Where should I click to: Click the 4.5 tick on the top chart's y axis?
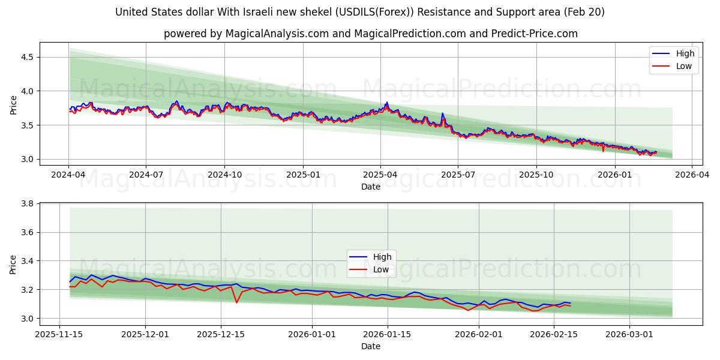pos(28,57)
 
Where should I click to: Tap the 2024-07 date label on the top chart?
pos(146,174)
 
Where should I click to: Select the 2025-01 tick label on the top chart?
pos(302,174)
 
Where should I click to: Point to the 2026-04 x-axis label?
pos(692,174)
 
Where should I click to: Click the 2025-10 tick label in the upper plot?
pos(536,174)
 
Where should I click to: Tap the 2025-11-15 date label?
pos(59,334)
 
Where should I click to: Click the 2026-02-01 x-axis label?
pos(479,334)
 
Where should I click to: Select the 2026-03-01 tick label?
pos(629,334)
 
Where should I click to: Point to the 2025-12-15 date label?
pos(221,334)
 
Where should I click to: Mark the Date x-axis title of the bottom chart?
pos(370,346)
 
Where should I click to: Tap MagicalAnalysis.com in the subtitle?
pos(277,34)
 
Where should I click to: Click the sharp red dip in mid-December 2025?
pos(236,302)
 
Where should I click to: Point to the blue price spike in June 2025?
pos(442,113)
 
